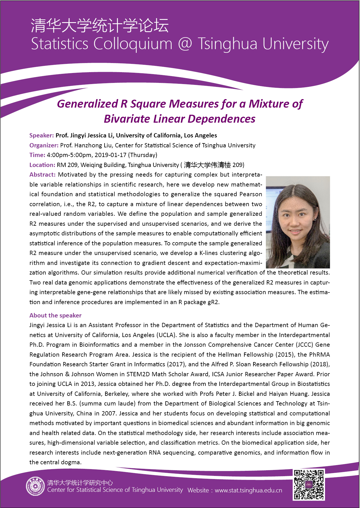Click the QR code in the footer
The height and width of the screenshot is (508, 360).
click(x=309, y=484)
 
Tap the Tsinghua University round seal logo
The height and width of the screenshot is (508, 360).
click(x=35, y=486)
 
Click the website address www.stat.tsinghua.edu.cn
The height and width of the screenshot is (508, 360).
click(x=248, y=490)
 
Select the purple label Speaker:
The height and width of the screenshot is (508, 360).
click(x=41, y=135)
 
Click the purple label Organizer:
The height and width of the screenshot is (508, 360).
click(x=44, y=145)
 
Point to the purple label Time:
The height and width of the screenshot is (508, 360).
click(x=37, y=155)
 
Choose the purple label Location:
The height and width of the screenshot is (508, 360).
click(x=42, y=165)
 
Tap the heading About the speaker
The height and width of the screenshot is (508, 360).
click(x=55, y=315)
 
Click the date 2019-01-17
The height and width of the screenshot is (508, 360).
click(x=111, y=155)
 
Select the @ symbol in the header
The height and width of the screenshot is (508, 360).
click(x=185, y=44)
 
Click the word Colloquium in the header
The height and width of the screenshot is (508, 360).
click(x=133, y=44)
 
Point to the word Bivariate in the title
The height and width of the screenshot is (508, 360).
click(x=127, y=119)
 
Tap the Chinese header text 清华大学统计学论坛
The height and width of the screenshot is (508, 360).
click(x=100, y=26)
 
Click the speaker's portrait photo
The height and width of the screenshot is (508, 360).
click(x=298, y=222)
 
